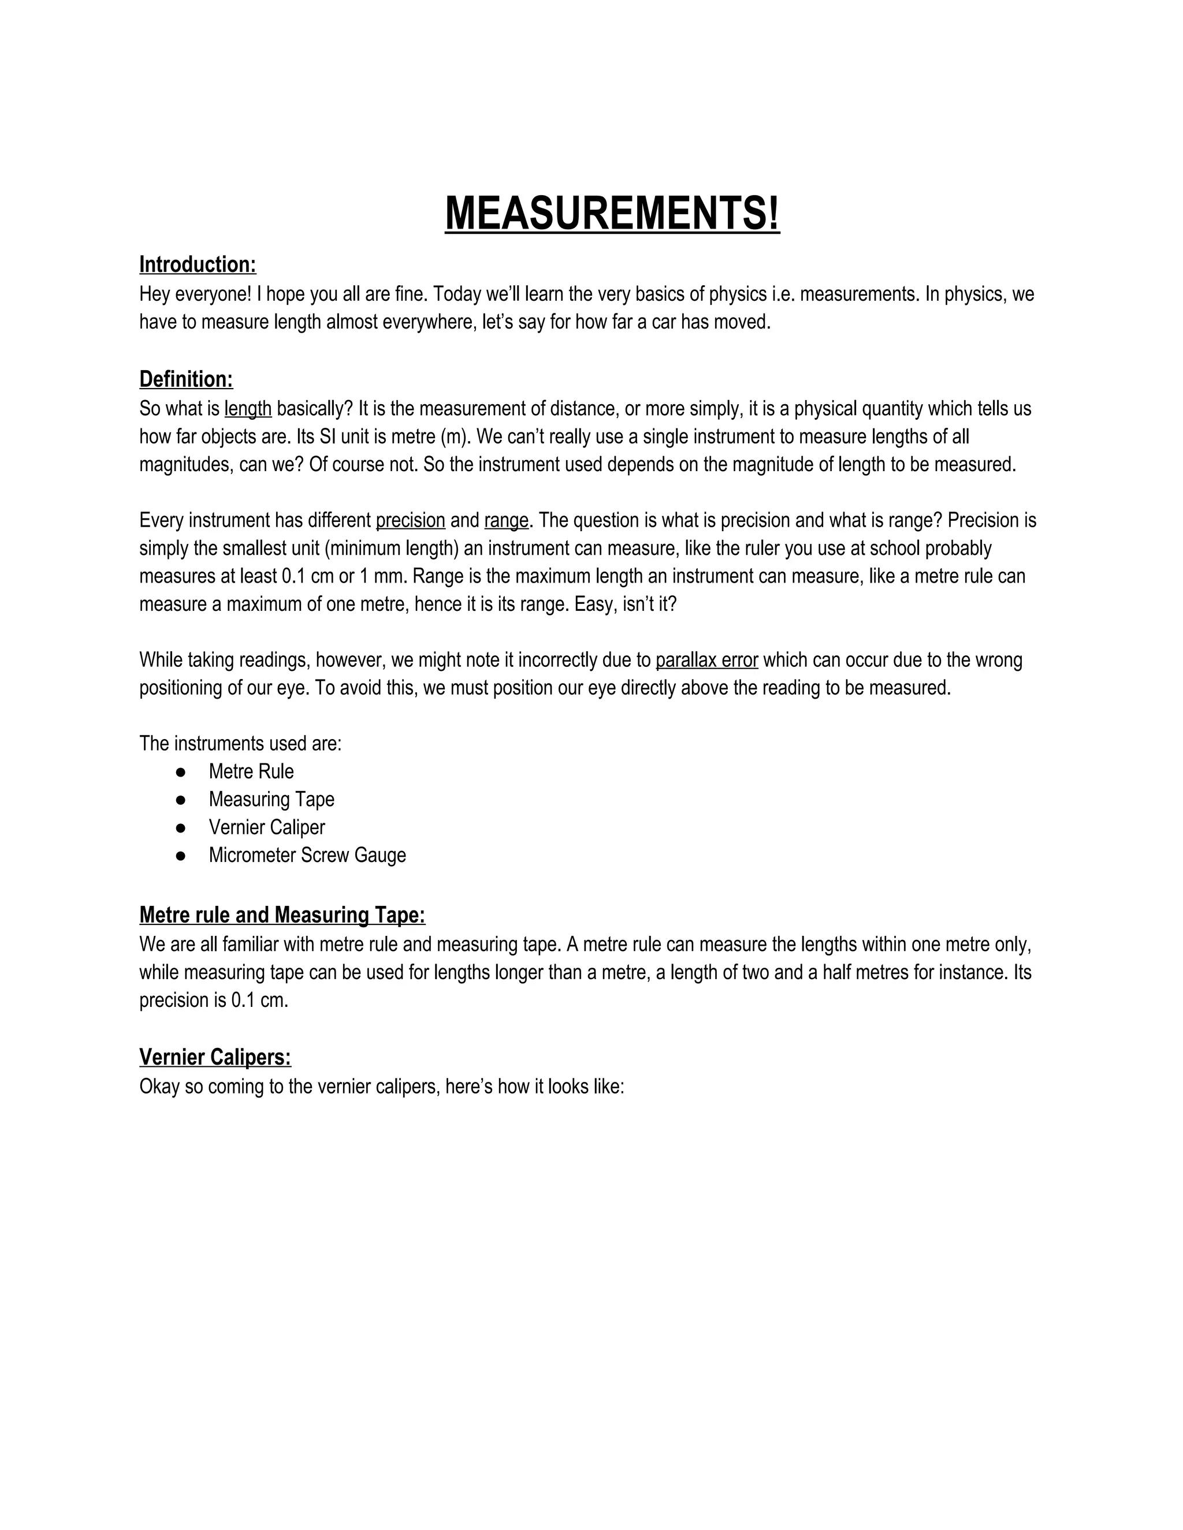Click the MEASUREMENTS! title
click(x=612, y=213)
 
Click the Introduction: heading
click(x=198, y=265)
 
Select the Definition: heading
click(x=186, y=380)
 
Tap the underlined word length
click(x=247, y=408)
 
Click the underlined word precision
click(x=410, y=521)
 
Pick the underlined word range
click(x=506, y=521)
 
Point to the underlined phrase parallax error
click(x=706, y=660)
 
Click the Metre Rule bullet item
click(x=251, y=771)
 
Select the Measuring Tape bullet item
click(x=271, y=799)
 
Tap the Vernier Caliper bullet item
click(x=266, y=827)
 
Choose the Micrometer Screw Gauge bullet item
click(x=307, y=856)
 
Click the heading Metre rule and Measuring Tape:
click(x=282, y=915)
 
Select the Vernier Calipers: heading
click(x=215, y=1057)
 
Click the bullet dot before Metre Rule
click(x=181, y=772)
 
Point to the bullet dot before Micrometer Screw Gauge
click(x=181, y=856)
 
